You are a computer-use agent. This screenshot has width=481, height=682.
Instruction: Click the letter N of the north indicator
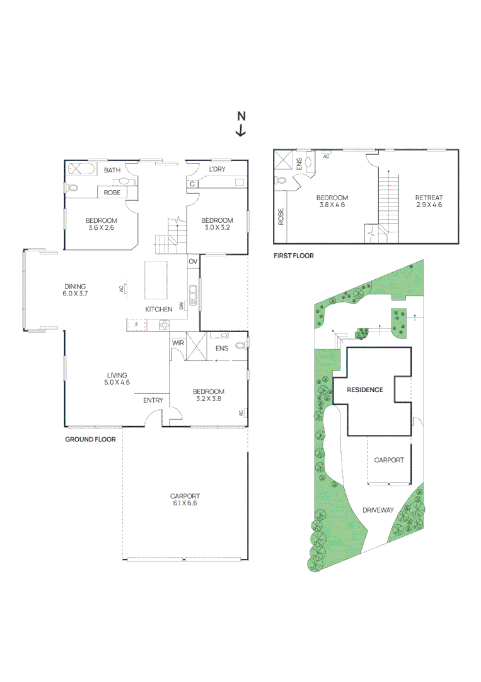pos(241,116)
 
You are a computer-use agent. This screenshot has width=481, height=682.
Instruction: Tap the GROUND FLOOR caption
pos(90,439)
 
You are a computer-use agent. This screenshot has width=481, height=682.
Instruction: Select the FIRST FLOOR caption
pos(293,256)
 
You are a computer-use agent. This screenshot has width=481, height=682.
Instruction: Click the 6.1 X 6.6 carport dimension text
pos(185,503)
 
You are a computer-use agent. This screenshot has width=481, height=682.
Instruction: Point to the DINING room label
pos(74,286)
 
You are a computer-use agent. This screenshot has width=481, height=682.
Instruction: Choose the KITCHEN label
pos(159,309)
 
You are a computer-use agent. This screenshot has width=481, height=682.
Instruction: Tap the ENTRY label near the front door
pos(153,400)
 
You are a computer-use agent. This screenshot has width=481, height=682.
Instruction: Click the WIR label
pos(177,342)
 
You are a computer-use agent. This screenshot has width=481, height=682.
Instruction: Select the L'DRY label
pos(217,170)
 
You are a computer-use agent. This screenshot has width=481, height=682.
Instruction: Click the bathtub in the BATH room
pos(79,169)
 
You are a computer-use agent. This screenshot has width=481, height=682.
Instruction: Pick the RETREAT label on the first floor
pos(429,198)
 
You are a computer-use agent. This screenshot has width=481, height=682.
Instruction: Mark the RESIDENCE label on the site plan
pos(365,390)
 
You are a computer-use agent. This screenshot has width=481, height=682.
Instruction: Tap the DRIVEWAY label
pos(378,510)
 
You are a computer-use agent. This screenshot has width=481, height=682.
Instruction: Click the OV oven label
pos(193,261)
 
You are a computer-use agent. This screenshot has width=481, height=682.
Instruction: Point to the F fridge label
pos(136,325)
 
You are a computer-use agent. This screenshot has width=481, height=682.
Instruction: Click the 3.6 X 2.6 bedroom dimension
pos(101,228)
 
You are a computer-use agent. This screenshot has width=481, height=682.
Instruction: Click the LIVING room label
pos(117,375)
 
